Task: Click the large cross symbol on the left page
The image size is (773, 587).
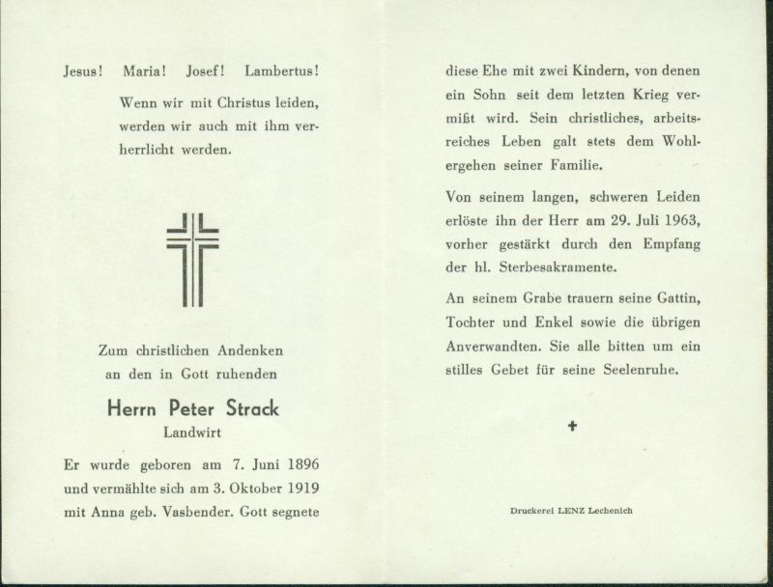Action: (x=192, y=259)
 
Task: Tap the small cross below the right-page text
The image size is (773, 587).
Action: (x=572, y=425)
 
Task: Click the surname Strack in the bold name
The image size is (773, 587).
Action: (x=248, y=408)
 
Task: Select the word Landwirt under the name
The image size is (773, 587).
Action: (x=192, y=433)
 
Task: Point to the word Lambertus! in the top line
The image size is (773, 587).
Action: (x=282, y=71)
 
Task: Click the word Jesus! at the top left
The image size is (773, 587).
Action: (x=84, y=71)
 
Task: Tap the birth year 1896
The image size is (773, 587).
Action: (x=300, y=463)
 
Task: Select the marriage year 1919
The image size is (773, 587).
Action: (x=300, y=488)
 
